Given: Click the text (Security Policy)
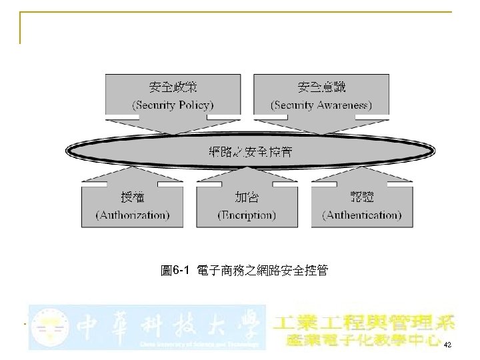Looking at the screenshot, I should [x=173, y=105].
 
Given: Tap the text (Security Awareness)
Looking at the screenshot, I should [x=321, y=105].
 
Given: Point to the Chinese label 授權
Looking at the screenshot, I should [x=132, y=197].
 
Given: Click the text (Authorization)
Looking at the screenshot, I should [x=133, y=215].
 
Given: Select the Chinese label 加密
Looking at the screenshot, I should [x=247, y=197].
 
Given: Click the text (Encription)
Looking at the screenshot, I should [x=247, y=215].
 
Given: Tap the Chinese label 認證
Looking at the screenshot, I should [x=362, y=197].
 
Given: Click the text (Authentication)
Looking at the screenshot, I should [x=362, y=215].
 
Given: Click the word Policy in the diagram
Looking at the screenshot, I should [x=195, y=105].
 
